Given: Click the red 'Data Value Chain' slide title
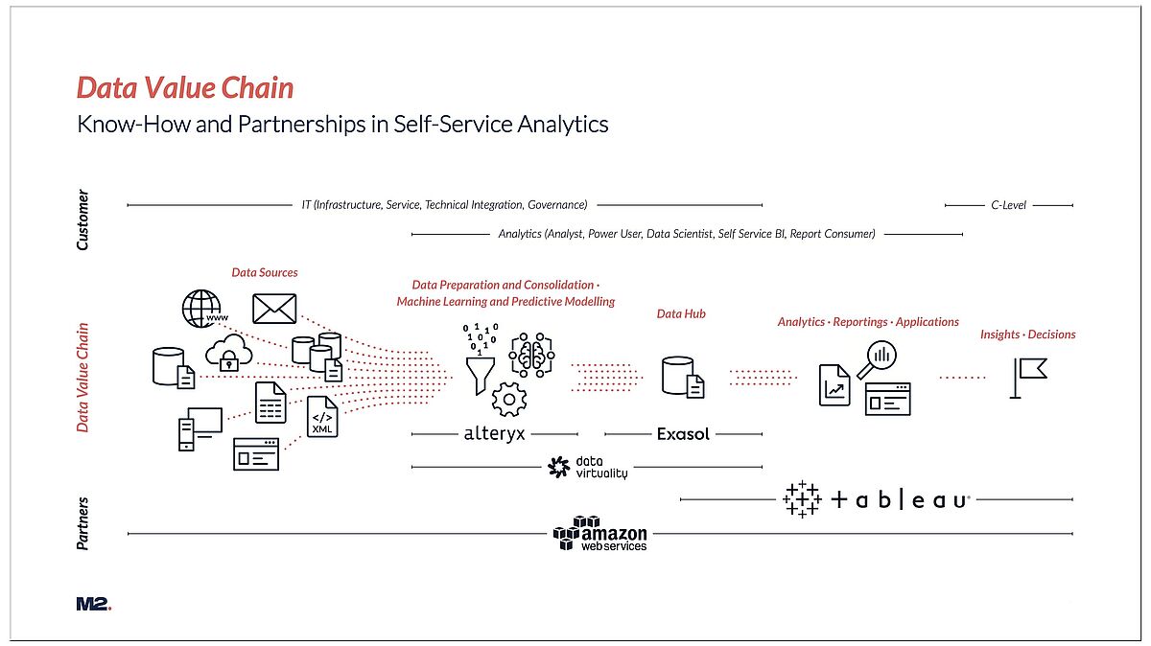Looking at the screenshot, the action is point(185,87).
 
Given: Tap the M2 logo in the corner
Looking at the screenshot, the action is point(94,604).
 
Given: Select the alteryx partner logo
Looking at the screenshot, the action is point(494,434).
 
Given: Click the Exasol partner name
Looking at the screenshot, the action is point(683,434).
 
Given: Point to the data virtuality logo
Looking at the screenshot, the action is point(587,468).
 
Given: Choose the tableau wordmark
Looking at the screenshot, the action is point(877,499).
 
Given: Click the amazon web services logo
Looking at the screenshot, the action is point(600,534).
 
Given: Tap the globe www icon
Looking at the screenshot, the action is point(204,309).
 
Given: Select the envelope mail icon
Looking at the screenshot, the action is point(274,309).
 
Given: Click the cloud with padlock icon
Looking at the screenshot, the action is point(228,353).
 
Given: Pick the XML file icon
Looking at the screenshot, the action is point(322,417).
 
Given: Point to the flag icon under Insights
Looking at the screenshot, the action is point(1028,379).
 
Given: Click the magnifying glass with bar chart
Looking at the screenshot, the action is point(877,360).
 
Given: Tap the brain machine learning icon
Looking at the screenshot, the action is point(531,355).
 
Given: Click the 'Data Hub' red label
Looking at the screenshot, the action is point(681,313).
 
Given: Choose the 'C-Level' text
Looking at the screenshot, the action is point(1008,205).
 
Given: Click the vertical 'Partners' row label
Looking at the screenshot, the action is point(82,523).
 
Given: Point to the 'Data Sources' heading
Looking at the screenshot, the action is point(265,272).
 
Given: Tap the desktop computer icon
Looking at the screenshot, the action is point(200,429).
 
